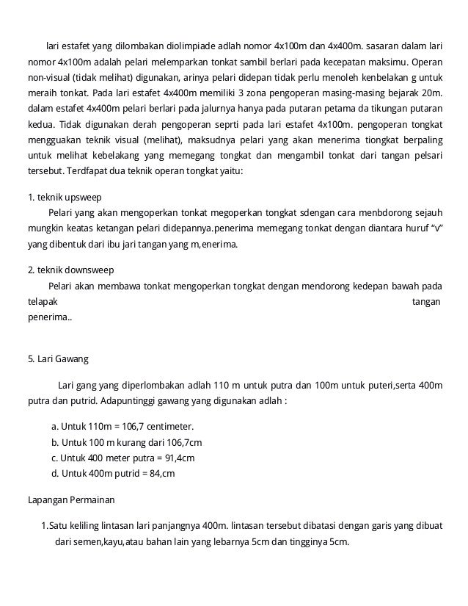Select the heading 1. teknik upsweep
64,198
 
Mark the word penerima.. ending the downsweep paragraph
49,317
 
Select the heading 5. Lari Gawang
57,360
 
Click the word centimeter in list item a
168,426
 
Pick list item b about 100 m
126,442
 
